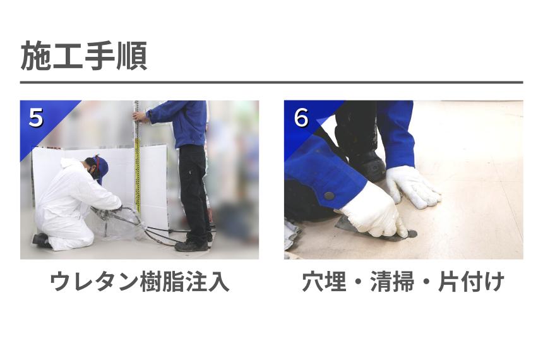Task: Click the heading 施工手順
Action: click(x=84, y=56)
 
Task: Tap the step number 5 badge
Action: click(x=36, y=117)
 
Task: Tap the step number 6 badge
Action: click(x=301, y=117)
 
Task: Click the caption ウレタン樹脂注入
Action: click(x=139, y=282)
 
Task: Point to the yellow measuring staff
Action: click(x=137, y=171)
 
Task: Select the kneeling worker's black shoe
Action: click(x=41, y=239)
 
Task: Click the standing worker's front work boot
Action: click(x=190, y=245)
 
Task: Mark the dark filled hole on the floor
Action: click(x=412, y=233)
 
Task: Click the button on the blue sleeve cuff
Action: click(x=329, y=196)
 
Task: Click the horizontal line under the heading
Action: click(x=271, y=82)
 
